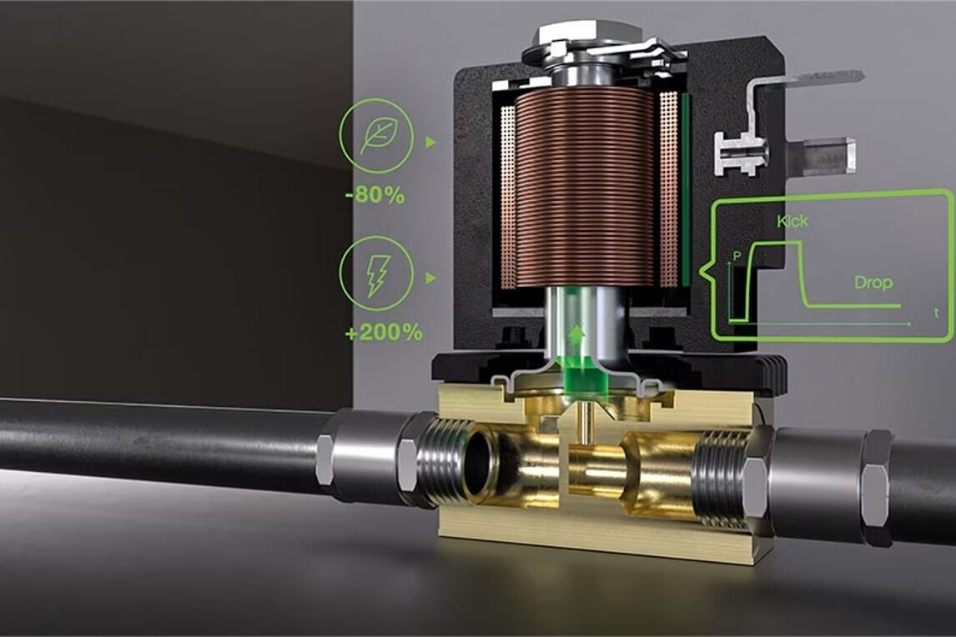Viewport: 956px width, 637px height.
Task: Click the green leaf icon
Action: (377, 136)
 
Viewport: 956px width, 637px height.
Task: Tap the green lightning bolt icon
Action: (377, 273)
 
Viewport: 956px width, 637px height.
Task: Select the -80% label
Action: (375, 196)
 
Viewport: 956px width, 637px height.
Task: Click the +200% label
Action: (384, 333)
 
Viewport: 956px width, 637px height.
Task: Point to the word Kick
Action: (792, 221)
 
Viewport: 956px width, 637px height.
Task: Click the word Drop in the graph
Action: (873, 283)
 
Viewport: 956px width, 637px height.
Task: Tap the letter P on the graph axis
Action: (737, 255)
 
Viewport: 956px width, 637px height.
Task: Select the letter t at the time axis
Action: (937, 313)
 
